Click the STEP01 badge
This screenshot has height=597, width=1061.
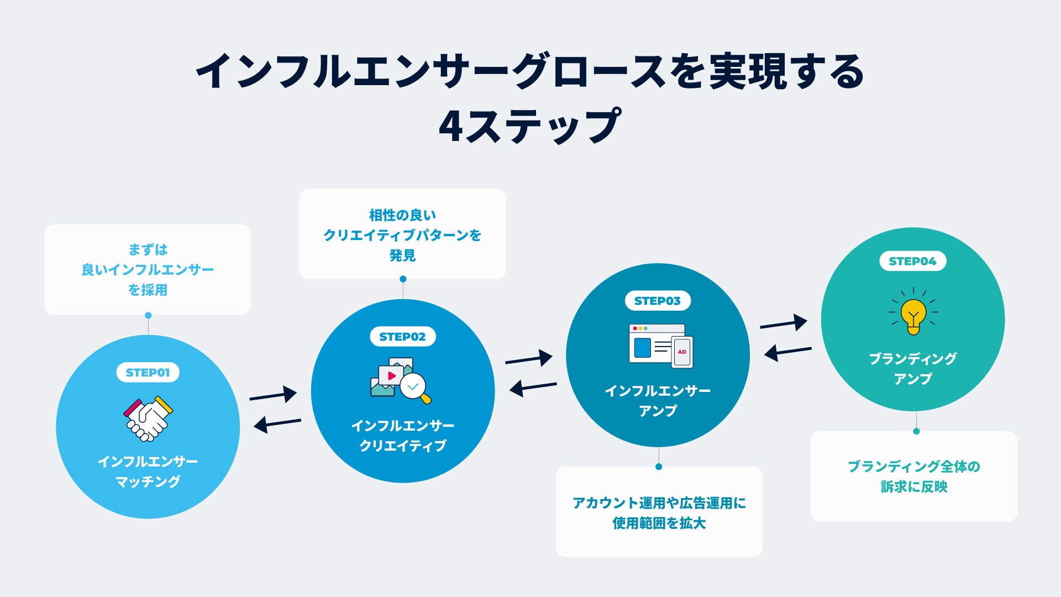[148, 373]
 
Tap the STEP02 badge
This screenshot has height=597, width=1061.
[402, 337]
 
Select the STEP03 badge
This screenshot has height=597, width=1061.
[658, 301]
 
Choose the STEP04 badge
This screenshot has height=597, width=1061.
[912, 261]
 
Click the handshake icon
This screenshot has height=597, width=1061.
[148, 418]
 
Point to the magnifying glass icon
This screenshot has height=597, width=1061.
[415, 387]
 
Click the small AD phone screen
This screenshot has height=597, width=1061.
[682, 352]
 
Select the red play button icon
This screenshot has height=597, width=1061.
[391, 376]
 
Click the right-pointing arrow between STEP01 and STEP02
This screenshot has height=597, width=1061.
[273, 395]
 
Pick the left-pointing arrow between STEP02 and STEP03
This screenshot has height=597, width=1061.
[533, 387]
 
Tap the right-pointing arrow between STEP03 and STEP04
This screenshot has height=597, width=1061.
[784, 323]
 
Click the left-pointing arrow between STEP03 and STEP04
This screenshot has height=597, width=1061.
[788, 352]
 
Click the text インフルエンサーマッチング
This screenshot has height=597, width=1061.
[148, 472]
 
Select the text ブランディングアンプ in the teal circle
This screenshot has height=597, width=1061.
[912, 369]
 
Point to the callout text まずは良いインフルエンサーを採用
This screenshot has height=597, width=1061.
[148, 270]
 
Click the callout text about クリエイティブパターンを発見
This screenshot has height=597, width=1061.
[402, 235]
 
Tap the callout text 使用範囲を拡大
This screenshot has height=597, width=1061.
[659, 523]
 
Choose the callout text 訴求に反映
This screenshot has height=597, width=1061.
[913, 486]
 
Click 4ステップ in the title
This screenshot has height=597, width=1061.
[529, 126]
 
